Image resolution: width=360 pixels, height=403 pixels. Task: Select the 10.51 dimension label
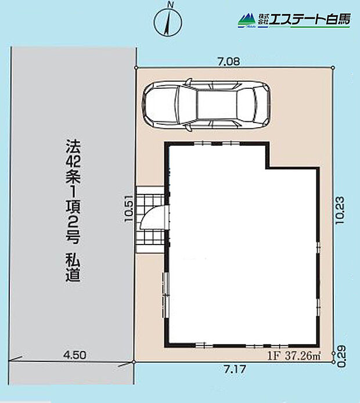128,213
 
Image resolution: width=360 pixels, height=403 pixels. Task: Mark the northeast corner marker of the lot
333,68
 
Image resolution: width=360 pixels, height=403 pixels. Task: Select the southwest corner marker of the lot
134,362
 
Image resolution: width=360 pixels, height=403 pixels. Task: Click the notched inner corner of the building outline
267,168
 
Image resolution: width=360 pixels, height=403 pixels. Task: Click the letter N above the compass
169,5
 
